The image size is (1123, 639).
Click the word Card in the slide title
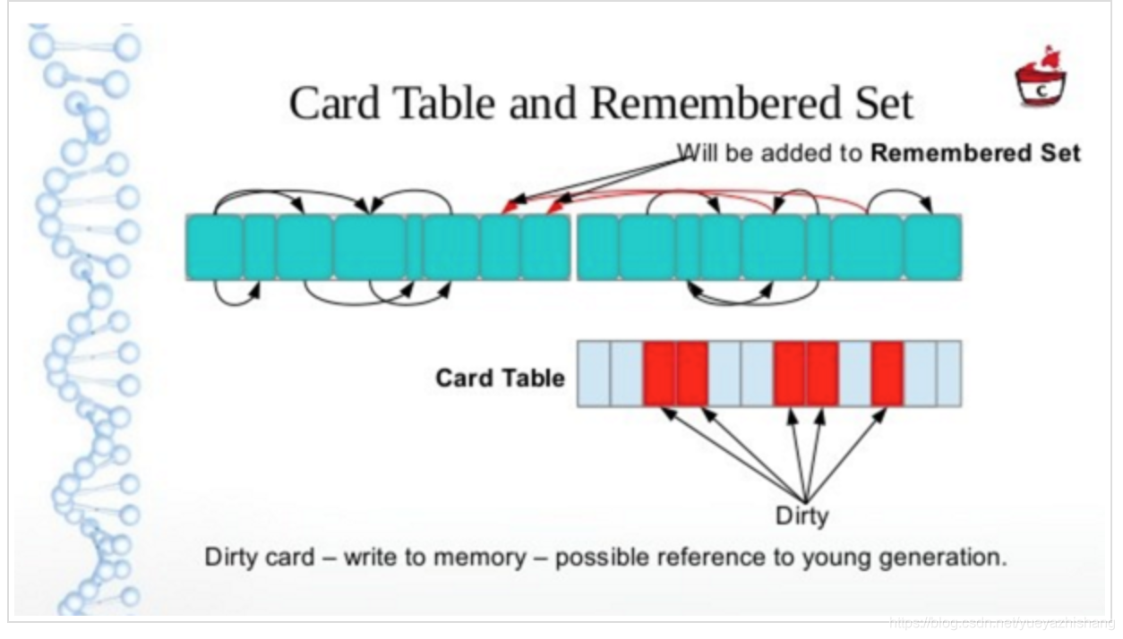tap(334, 103)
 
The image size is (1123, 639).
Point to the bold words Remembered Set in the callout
tap(975, 153)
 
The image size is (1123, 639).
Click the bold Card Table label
tap(500, 379)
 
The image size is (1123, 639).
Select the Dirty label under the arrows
tap(802, 515)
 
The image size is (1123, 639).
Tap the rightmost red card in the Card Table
tap(887, 373)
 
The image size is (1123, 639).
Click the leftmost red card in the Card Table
tap(658, 373)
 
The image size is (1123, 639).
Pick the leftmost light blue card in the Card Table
tap(594, 373)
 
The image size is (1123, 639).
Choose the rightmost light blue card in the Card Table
tap(948, 373)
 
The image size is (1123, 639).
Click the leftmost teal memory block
tap(214, 247)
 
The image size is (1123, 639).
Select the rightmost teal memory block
tap(932, 247)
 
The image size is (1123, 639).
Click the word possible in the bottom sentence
tap(595, 558)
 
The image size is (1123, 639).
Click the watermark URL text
tap(1002, 622)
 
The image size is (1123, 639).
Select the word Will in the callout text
tap(695, 153)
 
